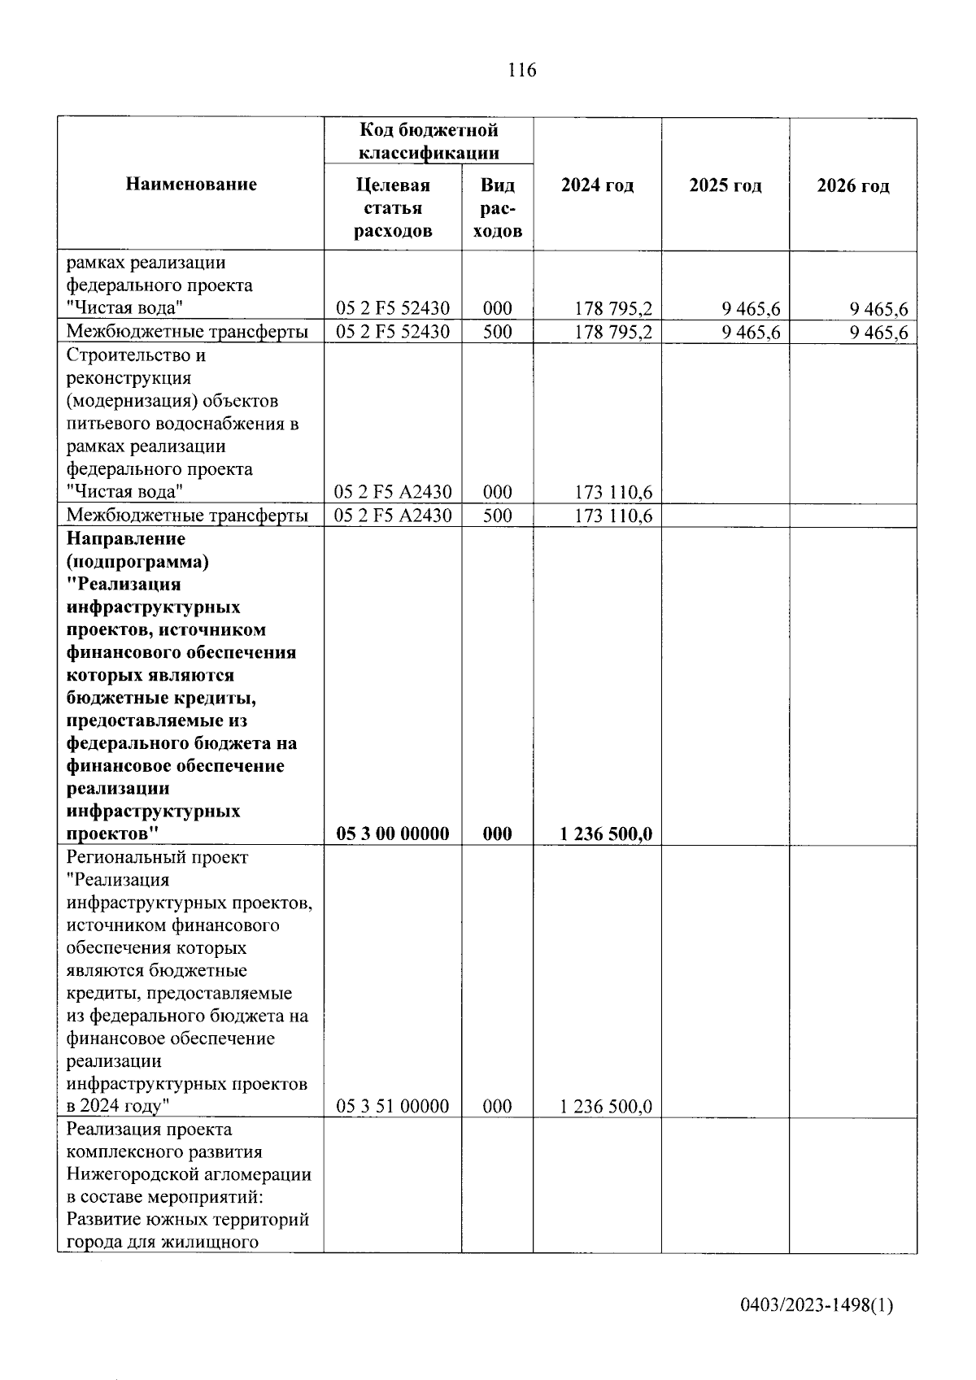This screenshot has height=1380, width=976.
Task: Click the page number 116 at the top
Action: pos(521,71)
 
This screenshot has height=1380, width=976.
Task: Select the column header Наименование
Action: pos(191,185)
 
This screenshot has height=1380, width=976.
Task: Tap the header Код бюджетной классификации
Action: pos(429,141)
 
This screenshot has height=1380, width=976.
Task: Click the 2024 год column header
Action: pos(597,185)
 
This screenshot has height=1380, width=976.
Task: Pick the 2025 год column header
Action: pos(725,185)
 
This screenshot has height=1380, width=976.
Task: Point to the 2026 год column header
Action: pos(853,185)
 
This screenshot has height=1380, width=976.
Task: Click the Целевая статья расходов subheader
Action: pos(393,208)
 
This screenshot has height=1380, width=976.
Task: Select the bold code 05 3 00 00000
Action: pos(393,834)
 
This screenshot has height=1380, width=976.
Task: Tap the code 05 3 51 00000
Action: pos(393,1106)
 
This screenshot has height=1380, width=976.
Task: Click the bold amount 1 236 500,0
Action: pos(606,834)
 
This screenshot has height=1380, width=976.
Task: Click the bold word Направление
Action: pos(126,539)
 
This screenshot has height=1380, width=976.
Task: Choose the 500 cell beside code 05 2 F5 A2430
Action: pos(497,516)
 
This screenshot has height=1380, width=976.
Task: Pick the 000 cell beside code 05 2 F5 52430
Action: pos(497,308)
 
